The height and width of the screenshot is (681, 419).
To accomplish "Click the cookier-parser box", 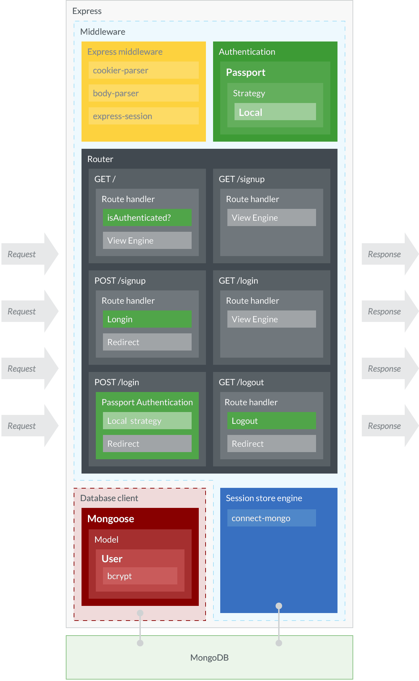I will (x=143, y=70).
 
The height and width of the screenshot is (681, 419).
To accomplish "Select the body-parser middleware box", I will (x=143, y=93).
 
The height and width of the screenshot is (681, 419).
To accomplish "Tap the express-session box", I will (x=143, y=116).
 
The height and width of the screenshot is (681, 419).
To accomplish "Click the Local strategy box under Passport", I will (x=275, y=112).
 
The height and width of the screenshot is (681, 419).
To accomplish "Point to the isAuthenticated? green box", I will (x=147, y=217).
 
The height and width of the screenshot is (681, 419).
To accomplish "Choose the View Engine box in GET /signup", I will (x=271, y=217).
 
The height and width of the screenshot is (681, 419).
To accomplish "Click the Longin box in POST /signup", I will (x=147, y=319).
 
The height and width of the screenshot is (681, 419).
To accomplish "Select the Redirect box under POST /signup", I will (x=147, y=342).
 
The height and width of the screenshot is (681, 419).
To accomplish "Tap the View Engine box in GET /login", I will (x=271, y=319).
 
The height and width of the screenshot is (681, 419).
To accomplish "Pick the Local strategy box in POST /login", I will (x=147, y=421).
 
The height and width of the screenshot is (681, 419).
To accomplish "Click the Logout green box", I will (x=271, y=421).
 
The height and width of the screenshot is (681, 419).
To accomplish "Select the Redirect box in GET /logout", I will (x=271, y=444).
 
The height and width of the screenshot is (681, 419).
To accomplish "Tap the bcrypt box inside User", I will (x=140, y=576).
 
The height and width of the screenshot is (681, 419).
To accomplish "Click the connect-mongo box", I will (x=271, y=518).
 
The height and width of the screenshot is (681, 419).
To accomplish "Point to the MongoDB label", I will (x=209, y=657).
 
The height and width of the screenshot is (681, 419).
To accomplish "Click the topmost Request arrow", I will (x=29, y=254).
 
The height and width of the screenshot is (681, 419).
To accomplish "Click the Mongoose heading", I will (x=110, y=519).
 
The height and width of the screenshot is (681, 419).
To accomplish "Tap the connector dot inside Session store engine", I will (x=279, y=606).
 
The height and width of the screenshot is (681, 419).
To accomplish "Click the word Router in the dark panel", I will (x=100, y=159).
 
